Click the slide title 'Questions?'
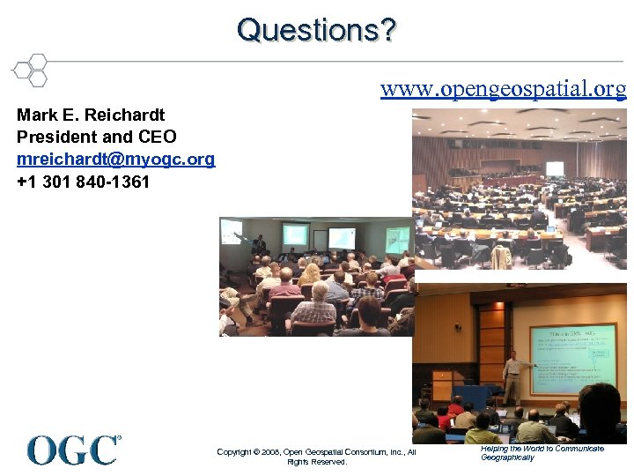click(x=316, y=30)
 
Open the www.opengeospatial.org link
click(x=503, y=89)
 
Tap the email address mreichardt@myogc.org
click(x=115, y=160)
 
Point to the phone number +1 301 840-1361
click(x=83, y=182)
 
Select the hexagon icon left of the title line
click(x=30, y=70)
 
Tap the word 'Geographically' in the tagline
click(x=507, y=457)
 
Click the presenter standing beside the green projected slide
click(x=512, y=376)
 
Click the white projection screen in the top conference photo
click(x=554, y=167)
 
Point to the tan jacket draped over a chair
click(x=501, y=257)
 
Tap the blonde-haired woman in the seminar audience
click(x=310, y=274)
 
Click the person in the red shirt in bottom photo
click(x=455, y=406)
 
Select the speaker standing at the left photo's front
click(x=259, y=243)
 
